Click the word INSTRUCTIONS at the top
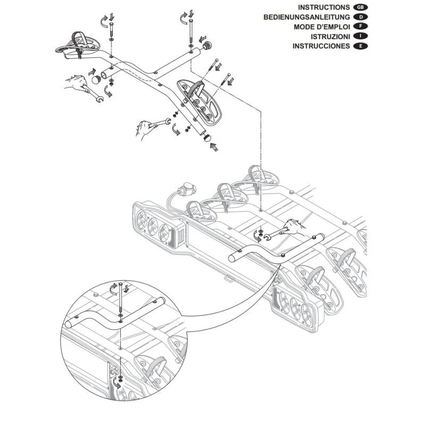tap(324, 7)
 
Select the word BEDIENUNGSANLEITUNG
tap(307, 17)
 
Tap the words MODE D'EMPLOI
tap(322, 27)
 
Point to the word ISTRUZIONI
tap(330, 37)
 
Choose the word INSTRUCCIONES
tap(321, 46)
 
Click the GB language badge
tap(360, 7)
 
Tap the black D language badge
tap(360, 17)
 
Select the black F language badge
tap(360, 26)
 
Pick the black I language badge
tap(360, 36)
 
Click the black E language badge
tap(360, 46)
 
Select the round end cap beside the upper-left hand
tap(96, 80)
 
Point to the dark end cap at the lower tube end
tap(207, 137)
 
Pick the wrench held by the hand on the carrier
tap(273, 234)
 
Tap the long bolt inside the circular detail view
tap(120, 299)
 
